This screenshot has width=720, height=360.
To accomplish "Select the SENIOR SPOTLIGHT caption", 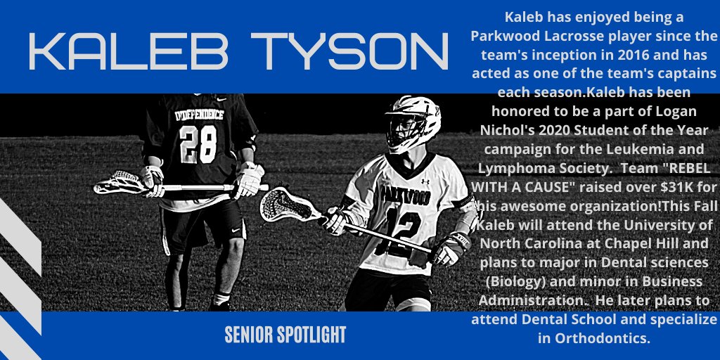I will (x=285, y=335).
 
